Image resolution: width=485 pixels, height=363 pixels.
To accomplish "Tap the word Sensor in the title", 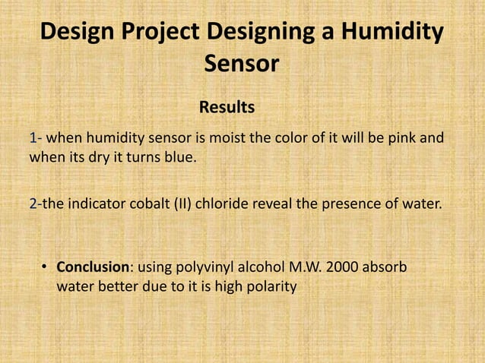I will pos(242,65).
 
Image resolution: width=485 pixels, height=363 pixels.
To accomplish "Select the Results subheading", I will pos(227,106).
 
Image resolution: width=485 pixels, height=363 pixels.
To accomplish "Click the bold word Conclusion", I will pos(90,267).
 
